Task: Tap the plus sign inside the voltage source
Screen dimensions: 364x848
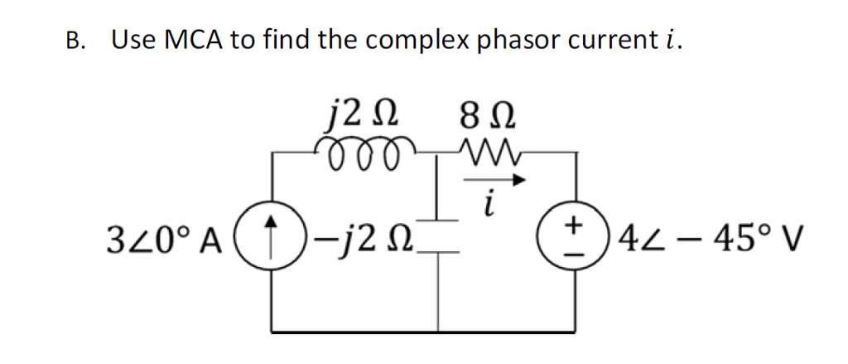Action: (571, 226)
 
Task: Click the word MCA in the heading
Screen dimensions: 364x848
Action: (189, 39)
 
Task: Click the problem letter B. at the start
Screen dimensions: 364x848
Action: (76, 41)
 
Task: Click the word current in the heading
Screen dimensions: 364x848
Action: (609, 39)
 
